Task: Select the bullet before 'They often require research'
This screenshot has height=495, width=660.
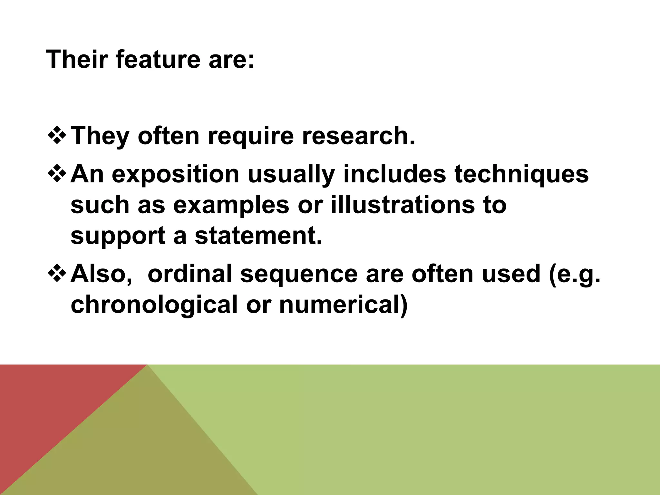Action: (56, 136)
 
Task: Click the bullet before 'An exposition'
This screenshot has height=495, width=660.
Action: (56, 174)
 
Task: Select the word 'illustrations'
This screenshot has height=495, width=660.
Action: (403, 205)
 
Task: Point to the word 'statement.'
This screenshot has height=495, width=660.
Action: (258, 236)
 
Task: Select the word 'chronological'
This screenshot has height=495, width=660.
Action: (154, 305)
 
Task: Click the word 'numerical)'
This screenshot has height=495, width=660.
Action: (344, 305)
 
